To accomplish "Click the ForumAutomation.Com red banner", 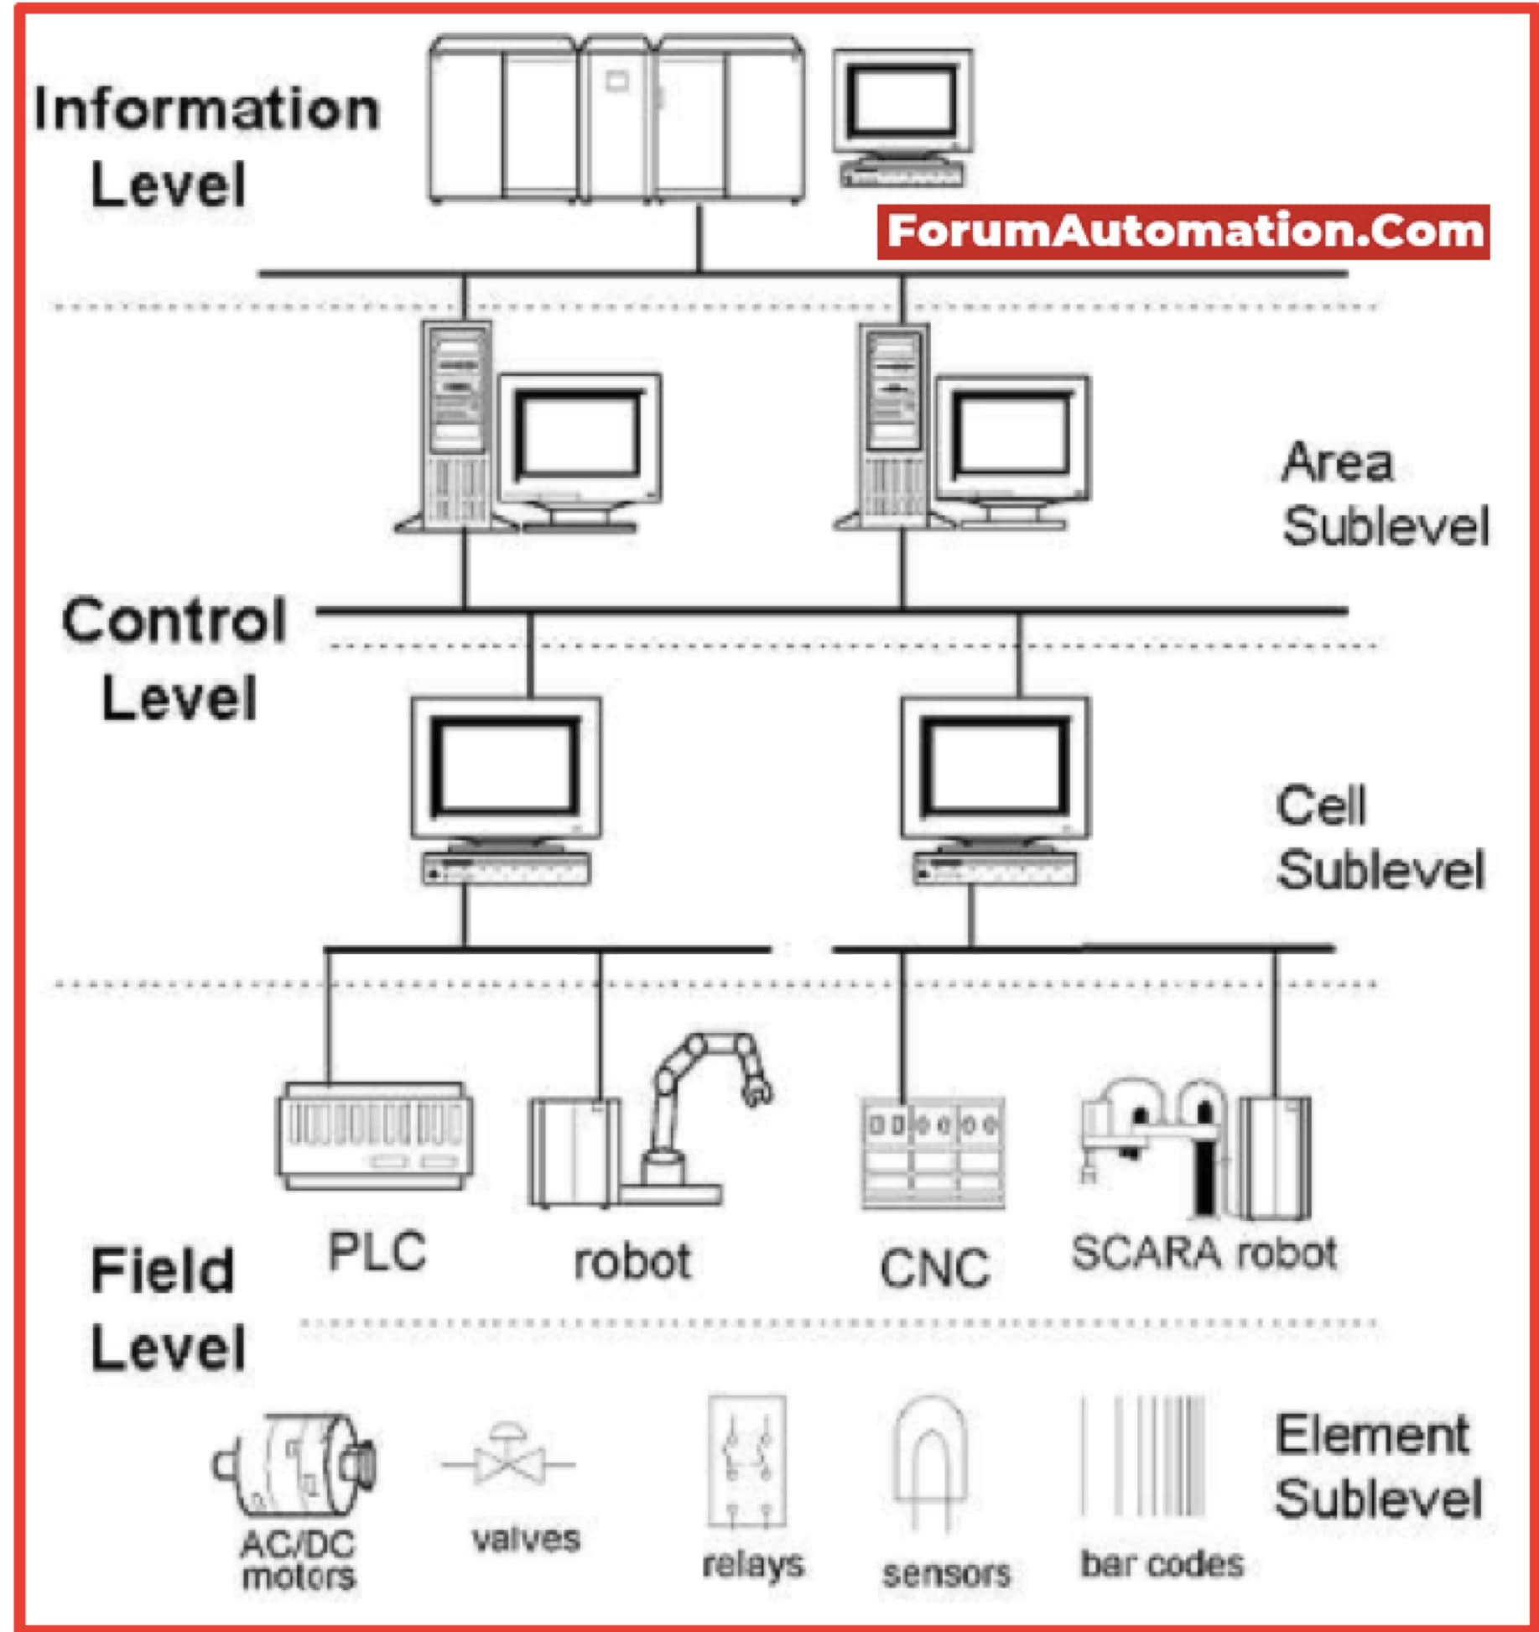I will [1183, 232].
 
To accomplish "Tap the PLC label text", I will [377, 1253].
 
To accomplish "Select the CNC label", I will [934, 1268].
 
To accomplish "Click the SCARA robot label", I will [1204, 1253].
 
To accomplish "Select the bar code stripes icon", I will [1144, 1457].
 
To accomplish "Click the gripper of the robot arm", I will [757, 1091].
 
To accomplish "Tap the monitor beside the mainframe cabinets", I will [902, 105].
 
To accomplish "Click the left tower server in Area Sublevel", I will [456, 424].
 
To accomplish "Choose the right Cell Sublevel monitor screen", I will [995, 768].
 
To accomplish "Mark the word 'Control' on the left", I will [174, 621].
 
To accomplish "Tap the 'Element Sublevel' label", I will [1378, 1466].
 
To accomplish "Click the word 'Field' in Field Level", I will [163, 1270].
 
